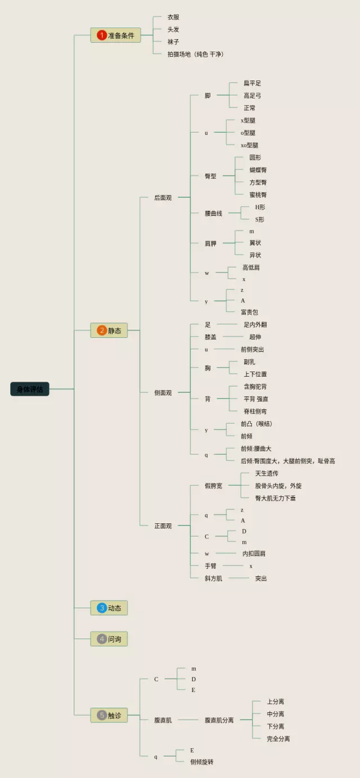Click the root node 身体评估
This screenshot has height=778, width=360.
coord(30,389)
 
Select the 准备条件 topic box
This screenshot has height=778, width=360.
coord(115,35)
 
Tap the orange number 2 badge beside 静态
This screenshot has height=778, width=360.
coord(102,331)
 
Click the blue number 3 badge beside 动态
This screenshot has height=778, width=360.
coord(102,608)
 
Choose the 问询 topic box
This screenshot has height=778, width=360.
coord(109,639)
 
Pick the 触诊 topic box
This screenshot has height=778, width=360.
coord(109,715)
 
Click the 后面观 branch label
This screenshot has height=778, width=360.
coord(163,198)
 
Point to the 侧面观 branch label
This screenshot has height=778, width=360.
coord(163,393)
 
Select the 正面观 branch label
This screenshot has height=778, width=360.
coord(163,526)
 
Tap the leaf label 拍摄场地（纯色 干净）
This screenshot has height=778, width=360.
coord(195,54)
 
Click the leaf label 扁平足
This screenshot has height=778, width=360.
coord(252,83)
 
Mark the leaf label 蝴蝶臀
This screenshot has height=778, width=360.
coord(258,170)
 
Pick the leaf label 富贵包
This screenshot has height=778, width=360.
coord(249,312)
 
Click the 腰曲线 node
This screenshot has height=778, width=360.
coord(213,214)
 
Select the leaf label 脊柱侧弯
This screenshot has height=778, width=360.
coord(255,411)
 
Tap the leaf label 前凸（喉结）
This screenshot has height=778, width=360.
coord(256,424)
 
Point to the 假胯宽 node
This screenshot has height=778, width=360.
coord(213,486)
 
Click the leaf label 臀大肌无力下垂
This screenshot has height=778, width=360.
coord(275,498)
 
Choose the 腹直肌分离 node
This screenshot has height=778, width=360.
coord(219,720)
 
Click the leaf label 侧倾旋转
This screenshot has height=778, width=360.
coord(201,762)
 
